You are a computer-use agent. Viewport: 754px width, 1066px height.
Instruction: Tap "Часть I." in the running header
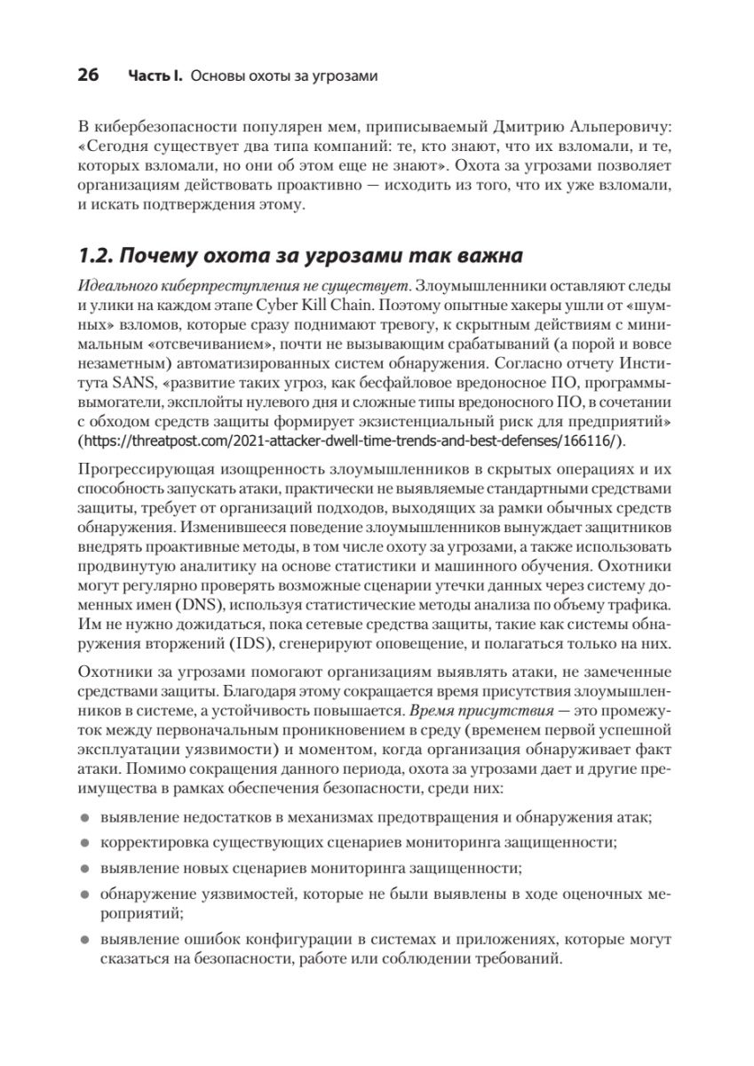[x=156, y=76]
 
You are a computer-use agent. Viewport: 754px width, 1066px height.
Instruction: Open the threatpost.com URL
[x=360, y=442]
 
